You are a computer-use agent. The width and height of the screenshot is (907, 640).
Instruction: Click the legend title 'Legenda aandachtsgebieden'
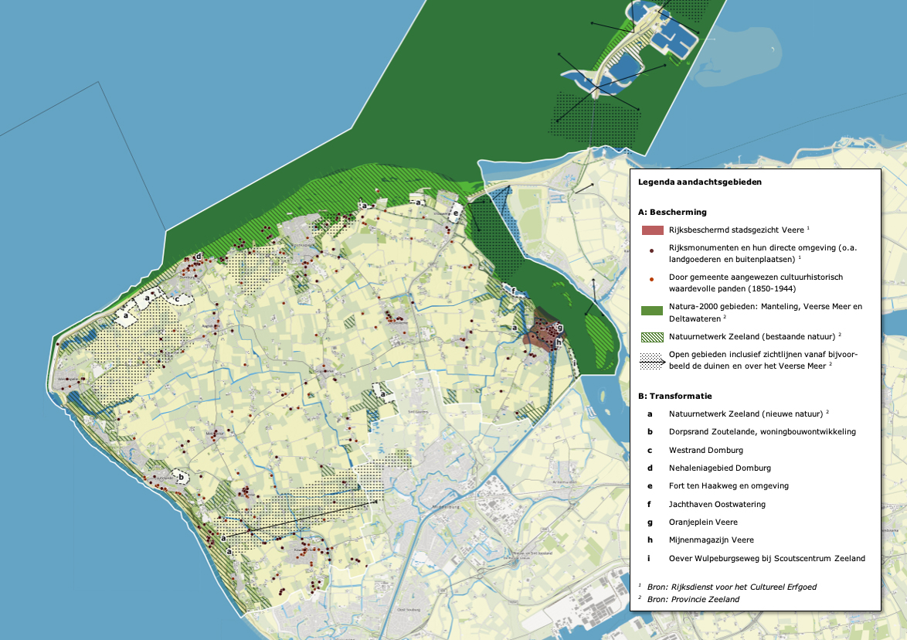pyautogui.click(x=700, y=182)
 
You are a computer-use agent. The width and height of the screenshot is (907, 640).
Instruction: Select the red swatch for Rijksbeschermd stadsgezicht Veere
pyautogui.click(x=653, y=230)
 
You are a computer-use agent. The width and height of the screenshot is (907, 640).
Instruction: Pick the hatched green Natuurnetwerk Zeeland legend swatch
pyautogui.click(x=653, y=336)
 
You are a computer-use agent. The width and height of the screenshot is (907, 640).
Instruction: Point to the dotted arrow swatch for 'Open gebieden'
pyautogui.click(x=653, y=359)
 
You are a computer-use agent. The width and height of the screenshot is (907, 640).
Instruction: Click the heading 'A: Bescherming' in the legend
pyautogui.click(x=672, y=212)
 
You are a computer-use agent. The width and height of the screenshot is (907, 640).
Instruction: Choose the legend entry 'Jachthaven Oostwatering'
pyautogui.click(x=717, y=504)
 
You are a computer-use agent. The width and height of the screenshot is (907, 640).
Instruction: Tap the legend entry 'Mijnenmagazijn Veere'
pyautogui.click(x=712, y=540)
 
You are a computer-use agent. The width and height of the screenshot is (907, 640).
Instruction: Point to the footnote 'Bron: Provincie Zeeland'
pyautogui.click(x=693, y=599)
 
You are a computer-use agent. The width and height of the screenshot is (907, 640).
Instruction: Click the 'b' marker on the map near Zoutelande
pyautogui.click(x=181, y=477)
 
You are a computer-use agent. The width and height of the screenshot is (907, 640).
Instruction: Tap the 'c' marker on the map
pyautogui.click(x=177, y=298)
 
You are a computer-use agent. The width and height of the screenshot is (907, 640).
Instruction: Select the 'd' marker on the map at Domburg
pyautogui.click(x=199, y=256)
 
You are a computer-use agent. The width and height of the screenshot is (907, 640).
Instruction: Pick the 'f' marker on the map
pyautogui.click(x=513, y=291)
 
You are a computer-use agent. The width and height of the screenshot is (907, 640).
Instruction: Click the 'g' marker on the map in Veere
pyautogui.click(x=559, y=327)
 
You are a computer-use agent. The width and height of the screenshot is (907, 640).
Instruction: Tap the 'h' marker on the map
pyautogui.click(x=558, y=342)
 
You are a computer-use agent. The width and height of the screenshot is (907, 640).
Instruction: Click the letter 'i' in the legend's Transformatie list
pyautogui.click(x=651, y=558)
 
